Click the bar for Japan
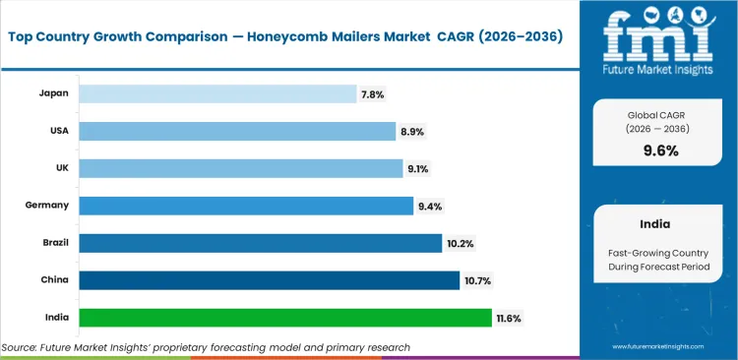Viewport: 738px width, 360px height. click(x=217, y=93)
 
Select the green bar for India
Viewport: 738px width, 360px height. click(x=284, y=318)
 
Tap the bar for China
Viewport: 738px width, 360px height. click(x=269, y=280)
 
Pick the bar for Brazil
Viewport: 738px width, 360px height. click(x=260, y=243)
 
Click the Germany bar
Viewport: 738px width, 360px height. click(x=246, y=206)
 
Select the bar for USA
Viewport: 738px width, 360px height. click(x=237, y=131)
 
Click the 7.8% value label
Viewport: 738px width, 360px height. click(x=374, y=94)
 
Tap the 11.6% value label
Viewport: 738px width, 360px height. click(x=509, y=319)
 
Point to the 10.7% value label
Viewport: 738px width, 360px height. click(x=477, y=281)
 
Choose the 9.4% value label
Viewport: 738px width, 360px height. click(x=430, y=207)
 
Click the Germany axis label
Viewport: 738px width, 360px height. click(x=46, y=206)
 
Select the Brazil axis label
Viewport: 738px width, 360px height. click(x=53, y=243)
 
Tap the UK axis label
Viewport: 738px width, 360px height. click(x=60, y=168)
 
